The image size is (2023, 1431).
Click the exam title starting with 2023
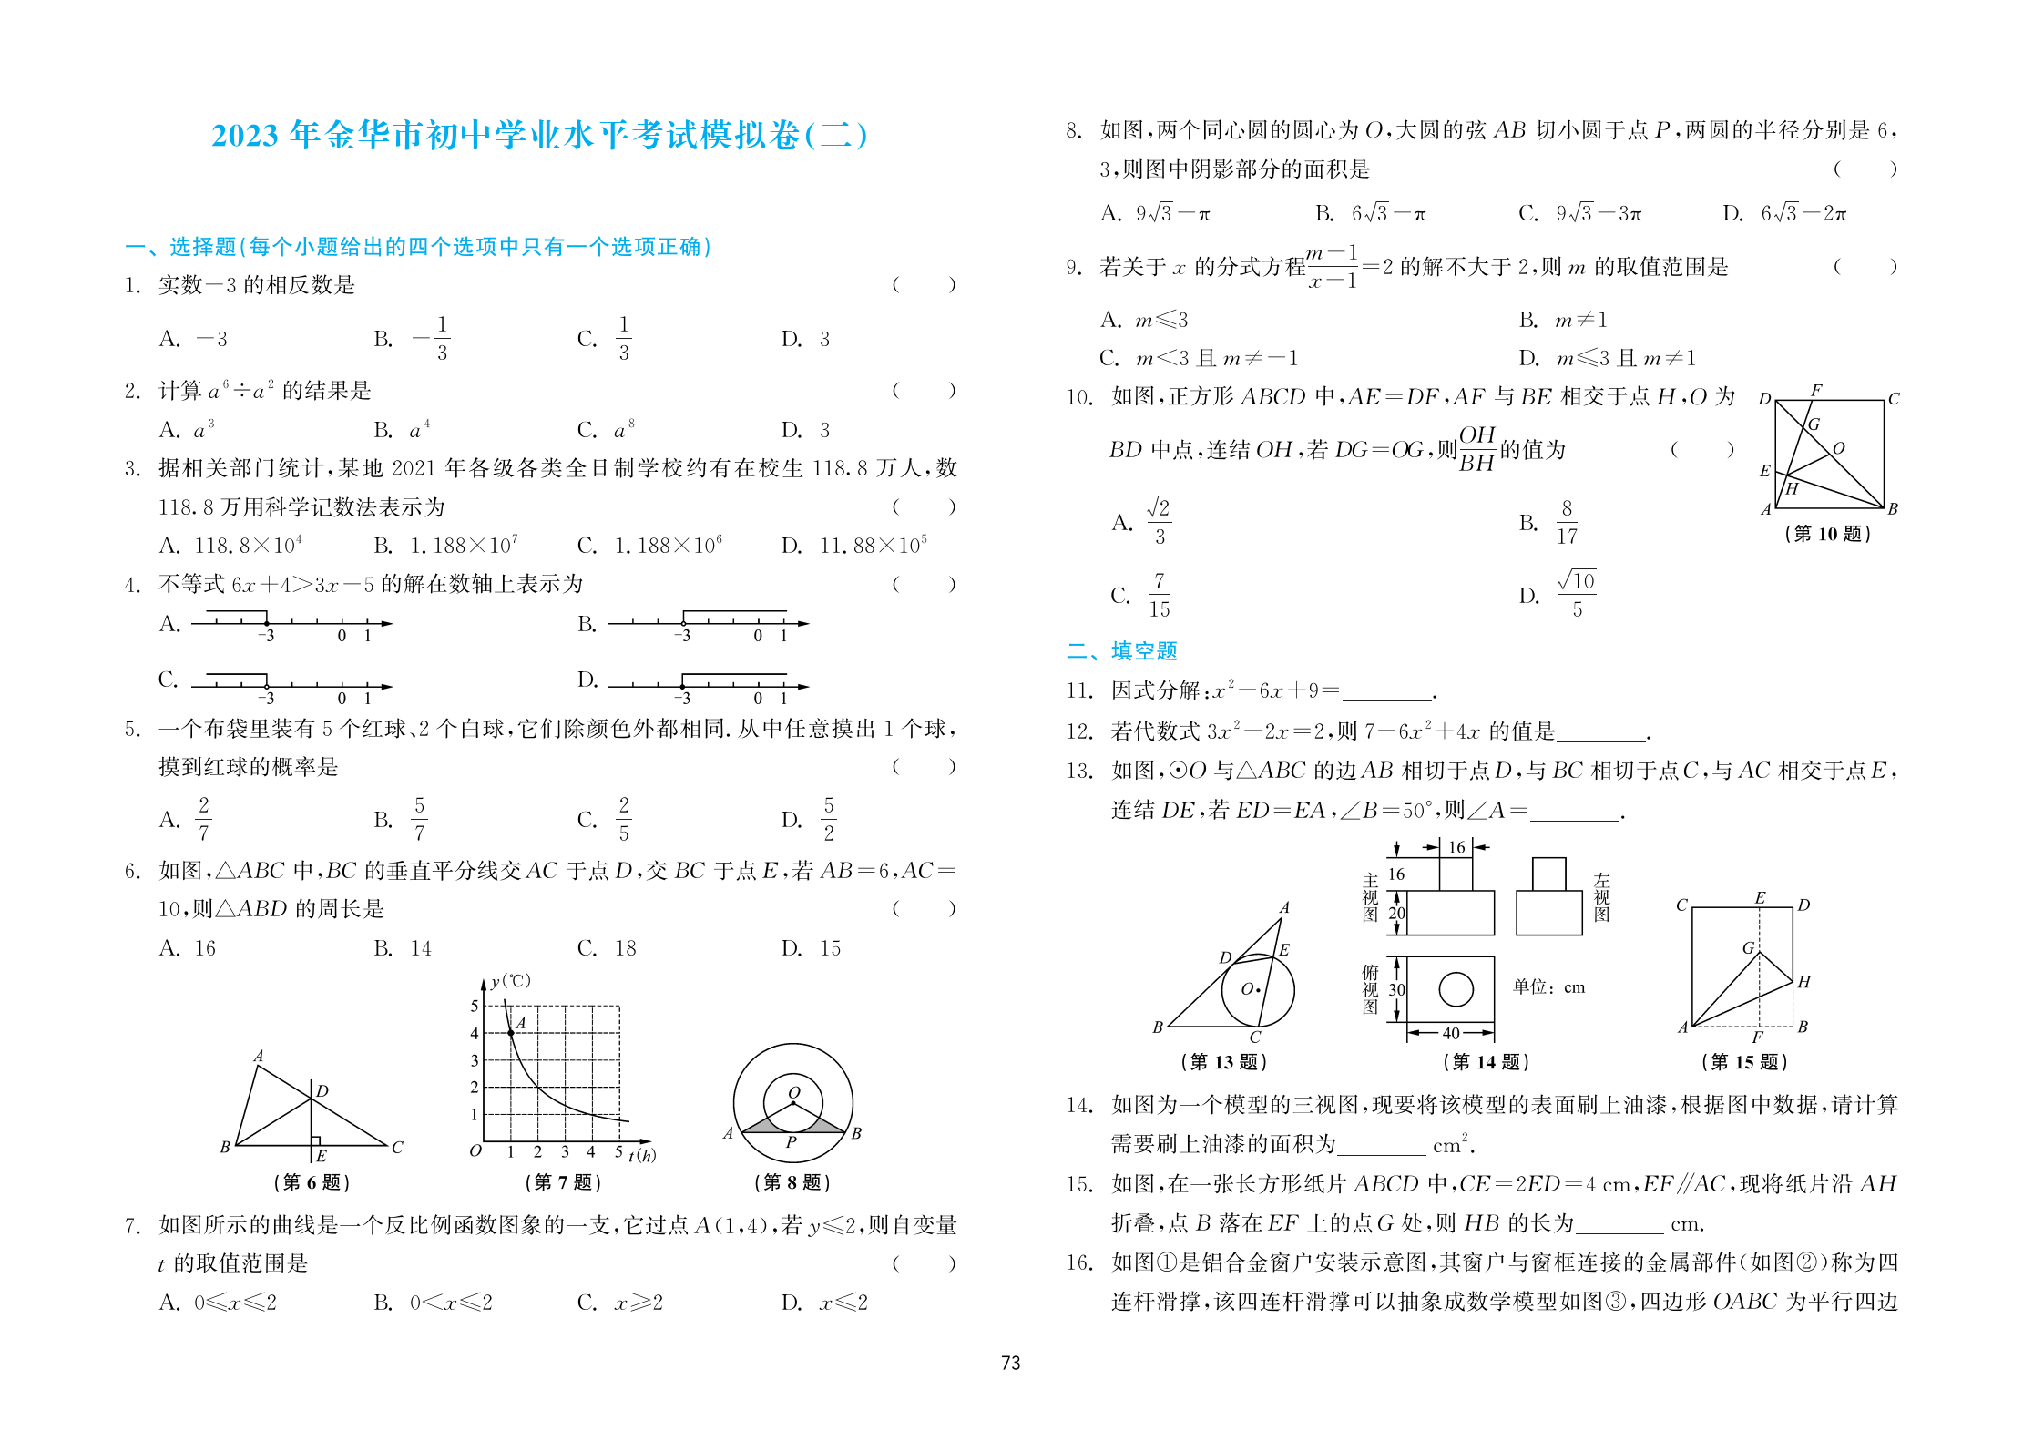coord(539,135)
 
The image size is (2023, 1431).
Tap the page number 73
coord(1010,1363)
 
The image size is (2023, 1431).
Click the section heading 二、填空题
coord(1122,650)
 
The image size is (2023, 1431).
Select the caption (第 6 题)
coord(312,1181)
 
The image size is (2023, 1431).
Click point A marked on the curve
coord(510,1033)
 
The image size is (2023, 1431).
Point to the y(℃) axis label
coord(510,981)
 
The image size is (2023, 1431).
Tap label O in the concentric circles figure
coord(794,1092)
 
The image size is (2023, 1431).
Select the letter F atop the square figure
coord(1816,390)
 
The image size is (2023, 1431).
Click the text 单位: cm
coord(1548,987)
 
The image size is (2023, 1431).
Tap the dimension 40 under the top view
coord(1451,1033)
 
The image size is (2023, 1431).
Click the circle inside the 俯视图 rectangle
coord(1456,989)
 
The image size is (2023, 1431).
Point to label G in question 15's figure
coord(1748,947)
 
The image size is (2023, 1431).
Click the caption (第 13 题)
coord(1223,1061)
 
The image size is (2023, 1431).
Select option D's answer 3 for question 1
coord(824,339)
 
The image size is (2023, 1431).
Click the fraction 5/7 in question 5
coord(419,819)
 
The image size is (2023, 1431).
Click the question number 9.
coord(1074,267)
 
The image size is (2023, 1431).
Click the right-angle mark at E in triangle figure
coord(315,1140)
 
